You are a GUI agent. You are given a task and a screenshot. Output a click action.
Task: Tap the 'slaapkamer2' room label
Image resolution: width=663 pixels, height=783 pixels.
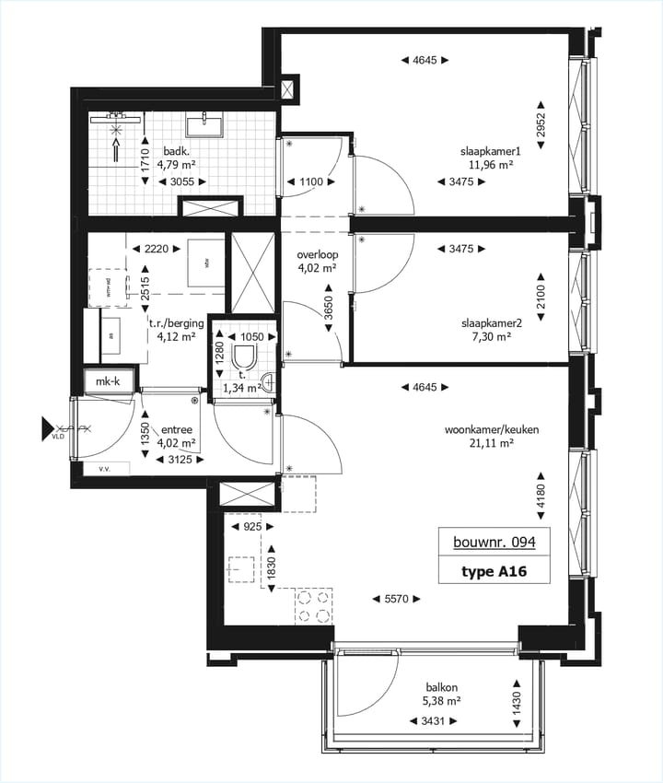click(x=491, y=323)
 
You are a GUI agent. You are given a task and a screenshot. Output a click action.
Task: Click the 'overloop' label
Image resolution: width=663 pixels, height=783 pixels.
click(x=315, y=254)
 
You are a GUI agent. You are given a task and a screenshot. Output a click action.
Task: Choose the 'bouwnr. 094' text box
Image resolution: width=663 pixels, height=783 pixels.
click(x=494, y=543)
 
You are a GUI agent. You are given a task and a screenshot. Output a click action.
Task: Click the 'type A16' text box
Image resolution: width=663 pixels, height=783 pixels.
click(x=494, y=571)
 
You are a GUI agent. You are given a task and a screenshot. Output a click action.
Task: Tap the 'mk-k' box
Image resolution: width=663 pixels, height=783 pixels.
click(x=109, y=380)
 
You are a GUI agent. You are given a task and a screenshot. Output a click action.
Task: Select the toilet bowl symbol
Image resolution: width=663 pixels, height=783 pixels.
click(x=246, y=356)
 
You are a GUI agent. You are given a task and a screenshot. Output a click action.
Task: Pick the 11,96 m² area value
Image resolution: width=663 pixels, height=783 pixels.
click(x=491, y=166)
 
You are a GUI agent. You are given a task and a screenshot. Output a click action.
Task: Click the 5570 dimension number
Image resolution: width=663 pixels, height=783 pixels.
click(x=397, y=599)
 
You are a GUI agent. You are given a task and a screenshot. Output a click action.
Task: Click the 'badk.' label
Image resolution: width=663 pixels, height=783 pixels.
click(x=177, y=151)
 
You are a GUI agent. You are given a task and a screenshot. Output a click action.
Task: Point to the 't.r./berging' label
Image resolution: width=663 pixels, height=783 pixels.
click(x=173, y=323)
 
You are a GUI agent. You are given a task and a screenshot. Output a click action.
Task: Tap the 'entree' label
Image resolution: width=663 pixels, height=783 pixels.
click(x=177, y=429)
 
